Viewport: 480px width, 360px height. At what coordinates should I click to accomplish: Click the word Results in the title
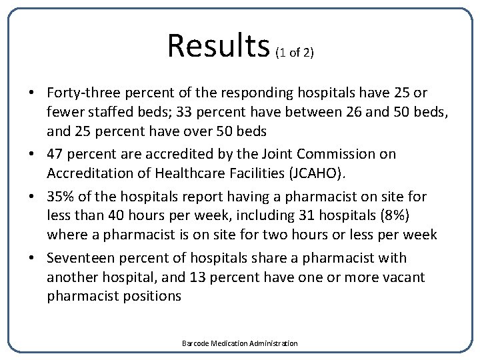tap(217, 46)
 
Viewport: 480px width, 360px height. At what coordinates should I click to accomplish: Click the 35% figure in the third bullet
tap(61, 196)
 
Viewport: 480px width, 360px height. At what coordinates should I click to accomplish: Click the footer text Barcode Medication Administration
tap(240, 343)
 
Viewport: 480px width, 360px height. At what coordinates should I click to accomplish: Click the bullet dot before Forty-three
tap(33, 92)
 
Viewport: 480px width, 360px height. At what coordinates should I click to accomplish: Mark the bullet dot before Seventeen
tap(33, 257)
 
